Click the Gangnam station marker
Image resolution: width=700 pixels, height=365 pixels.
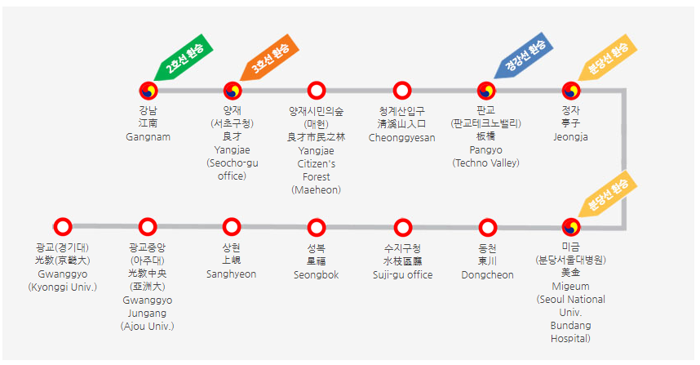coord(148,91)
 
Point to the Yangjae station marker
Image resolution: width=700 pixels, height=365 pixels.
coord(233,91)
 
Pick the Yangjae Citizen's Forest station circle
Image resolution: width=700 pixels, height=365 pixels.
coord(317,91)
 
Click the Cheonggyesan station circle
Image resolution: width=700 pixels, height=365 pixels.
coord(401,91)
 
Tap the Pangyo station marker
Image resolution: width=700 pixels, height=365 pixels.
coord(486,91)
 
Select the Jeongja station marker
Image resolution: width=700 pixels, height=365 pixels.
coord(571,91)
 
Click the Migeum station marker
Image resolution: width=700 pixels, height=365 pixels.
coord(571,227)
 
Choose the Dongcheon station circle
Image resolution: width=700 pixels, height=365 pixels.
coord(487,227)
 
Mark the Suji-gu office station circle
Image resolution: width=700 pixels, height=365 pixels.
coord(402,227)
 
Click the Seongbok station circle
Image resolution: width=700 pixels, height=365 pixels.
coord(317,227)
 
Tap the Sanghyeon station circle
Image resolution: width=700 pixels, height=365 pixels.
coord(232,227)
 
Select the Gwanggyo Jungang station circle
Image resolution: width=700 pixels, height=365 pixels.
coord(147,227)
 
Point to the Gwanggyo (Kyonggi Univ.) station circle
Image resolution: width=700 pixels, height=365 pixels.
coord(63,227)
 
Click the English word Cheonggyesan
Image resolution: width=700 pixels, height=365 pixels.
coord(401,137)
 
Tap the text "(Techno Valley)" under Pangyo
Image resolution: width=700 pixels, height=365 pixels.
coord(486,163)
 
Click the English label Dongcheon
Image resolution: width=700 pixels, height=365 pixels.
coord(487,275)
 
